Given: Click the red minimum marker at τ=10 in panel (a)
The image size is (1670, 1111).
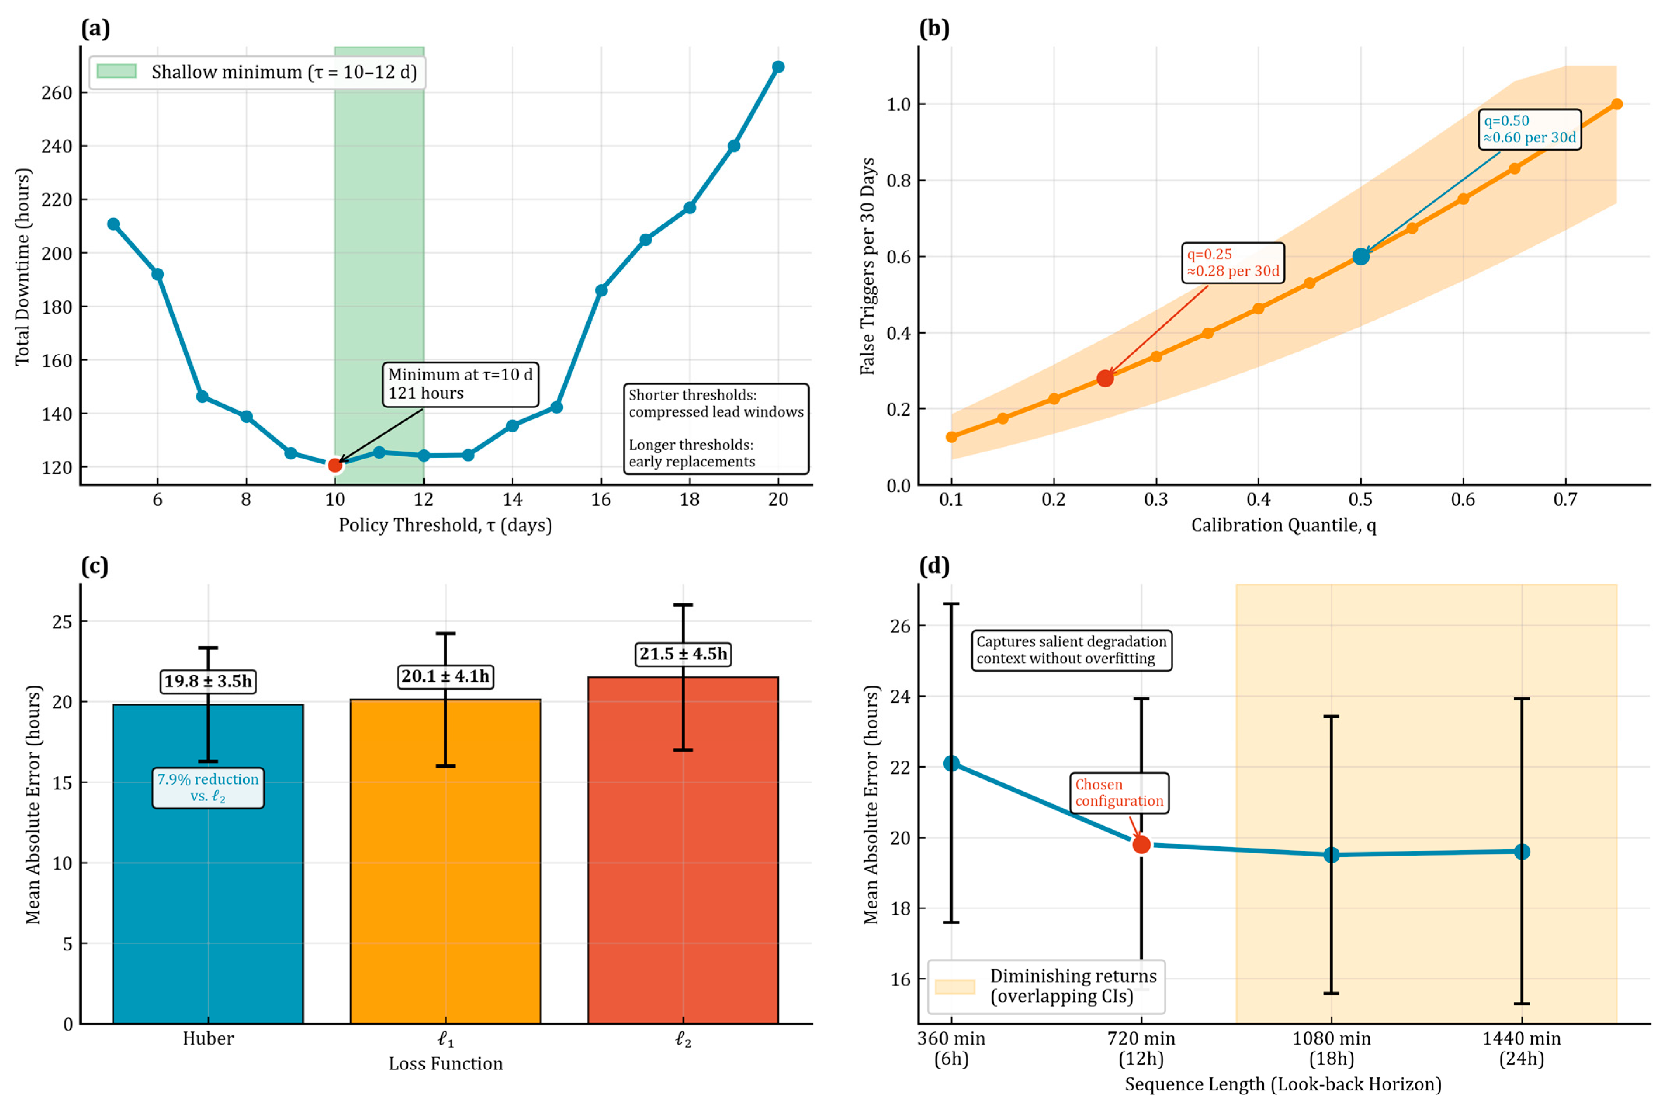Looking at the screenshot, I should (x=335, y=465).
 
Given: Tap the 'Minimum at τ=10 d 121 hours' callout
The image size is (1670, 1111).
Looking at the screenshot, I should (x=460, y=384).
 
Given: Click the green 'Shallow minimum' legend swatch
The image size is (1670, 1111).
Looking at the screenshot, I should (x=116, y=71).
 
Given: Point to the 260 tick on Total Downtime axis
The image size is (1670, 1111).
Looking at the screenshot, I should (x=57, y=93).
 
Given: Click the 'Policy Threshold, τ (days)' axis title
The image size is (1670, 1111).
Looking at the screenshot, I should (x=445, y=525).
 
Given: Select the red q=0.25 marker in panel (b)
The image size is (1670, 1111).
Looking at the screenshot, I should (x=1105, y=378).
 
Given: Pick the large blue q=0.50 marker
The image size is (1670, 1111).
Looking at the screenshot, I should (x=1360, y=257).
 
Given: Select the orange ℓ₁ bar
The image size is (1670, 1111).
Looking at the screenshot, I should (x=445, y=886).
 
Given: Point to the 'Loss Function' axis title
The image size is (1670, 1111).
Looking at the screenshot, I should (x=445, y=1064).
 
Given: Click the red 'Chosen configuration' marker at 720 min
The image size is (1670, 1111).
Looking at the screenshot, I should (x=1141, y=844).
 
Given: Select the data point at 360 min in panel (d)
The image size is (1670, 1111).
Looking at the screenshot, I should (x=951, y=763).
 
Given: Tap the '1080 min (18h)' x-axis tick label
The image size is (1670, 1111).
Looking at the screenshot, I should (x=1331, y=1049).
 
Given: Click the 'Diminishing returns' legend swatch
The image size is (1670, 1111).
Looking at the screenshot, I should (x=954, y=987).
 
